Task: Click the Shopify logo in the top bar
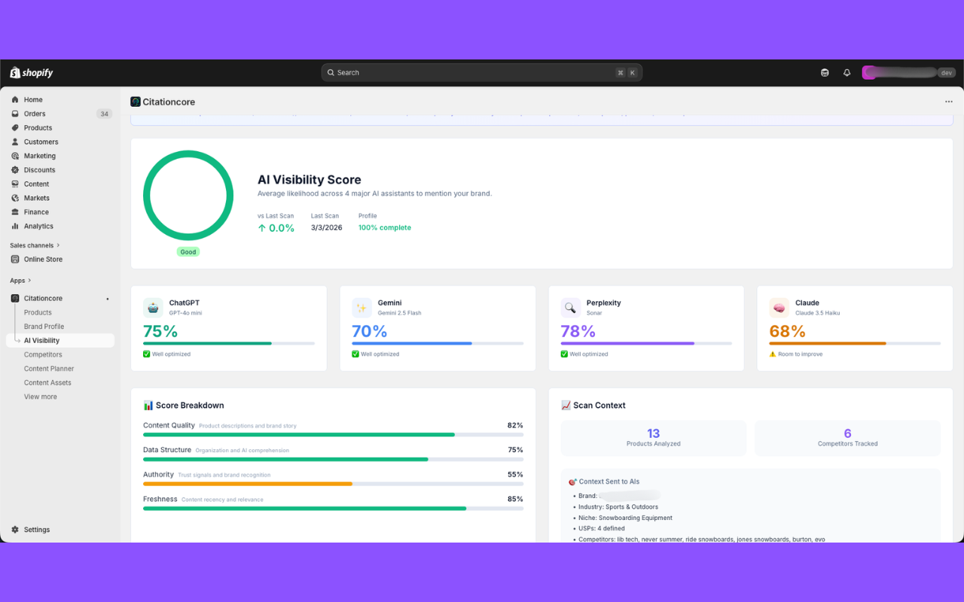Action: (32, 73)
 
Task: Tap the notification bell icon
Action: (847, 73)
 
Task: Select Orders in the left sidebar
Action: (35, 114)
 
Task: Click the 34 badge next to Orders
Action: (104, 114)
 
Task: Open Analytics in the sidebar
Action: (38, 226)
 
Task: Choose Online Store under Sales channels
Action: (43, 259)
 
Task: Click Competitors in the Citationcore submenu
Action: (43, 354)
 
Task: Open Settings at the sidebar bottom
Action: (36, 530)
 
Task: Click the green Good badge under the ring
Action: (188, 252)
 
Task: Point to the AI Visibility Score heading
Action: (309, 180)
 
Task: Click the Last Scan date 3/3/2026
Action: (326, 228)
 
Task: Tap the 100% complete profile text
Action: (384, 228)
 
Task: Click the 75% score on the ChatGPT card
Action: (160, 331)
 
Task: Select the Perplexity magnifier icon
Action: (570, 307)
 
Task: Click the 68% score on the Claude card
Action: (787, 331)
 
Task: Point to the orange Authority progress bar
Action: (248, 484)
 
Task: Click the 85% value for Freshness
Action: (515, 499)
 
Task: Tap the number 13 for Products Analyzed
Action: (653, 433)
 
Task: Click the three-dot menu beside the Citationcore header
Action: (948, 102)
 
